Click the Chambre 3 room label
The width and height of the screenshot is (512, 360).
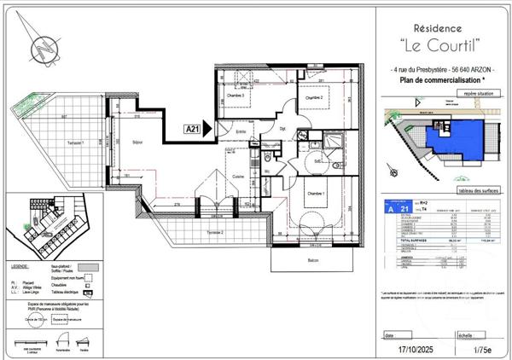tap(236, 96)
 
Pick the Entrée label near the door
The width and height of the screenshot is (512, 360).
tap(241, 131)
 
